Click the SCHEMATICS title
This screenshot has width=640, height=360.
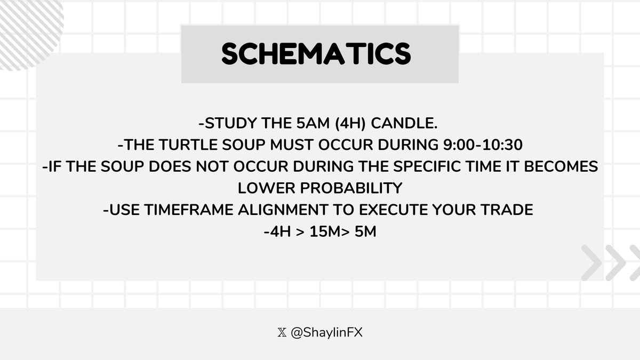pos(316,54)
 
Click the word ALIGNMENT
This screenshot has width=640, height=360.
pos(291,210)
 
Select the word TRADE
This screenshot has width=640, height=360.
pos(507,210)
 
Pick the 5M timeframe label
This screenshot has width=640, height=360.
pos(364,231)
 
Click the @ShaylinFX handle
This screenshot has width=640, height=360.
pos(327,332)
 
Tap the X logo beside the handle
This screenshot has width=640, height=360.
pos(282,332)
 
